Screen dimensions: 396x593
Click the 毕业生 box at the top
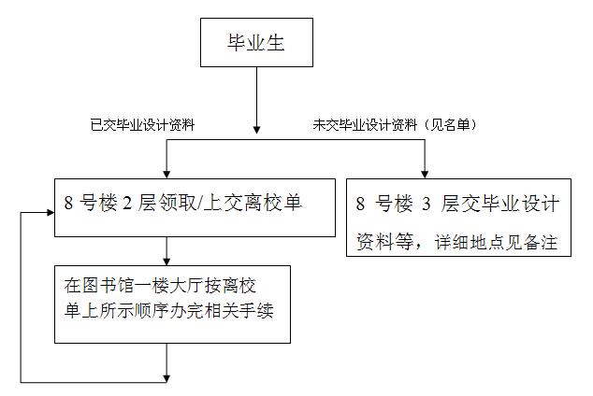256,43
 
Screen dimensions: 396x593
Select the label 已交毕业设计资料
141,123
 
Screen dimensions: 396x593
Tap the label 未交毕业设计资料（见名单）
394,123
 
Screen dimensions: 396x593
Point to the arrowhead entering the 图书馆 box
166,259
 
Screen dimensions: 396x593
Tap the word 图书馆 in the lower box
101,283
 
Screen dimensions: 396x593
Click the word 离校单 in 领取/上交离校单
278,202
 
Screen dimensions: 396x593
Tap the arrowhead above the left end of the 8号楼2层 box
166,171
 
